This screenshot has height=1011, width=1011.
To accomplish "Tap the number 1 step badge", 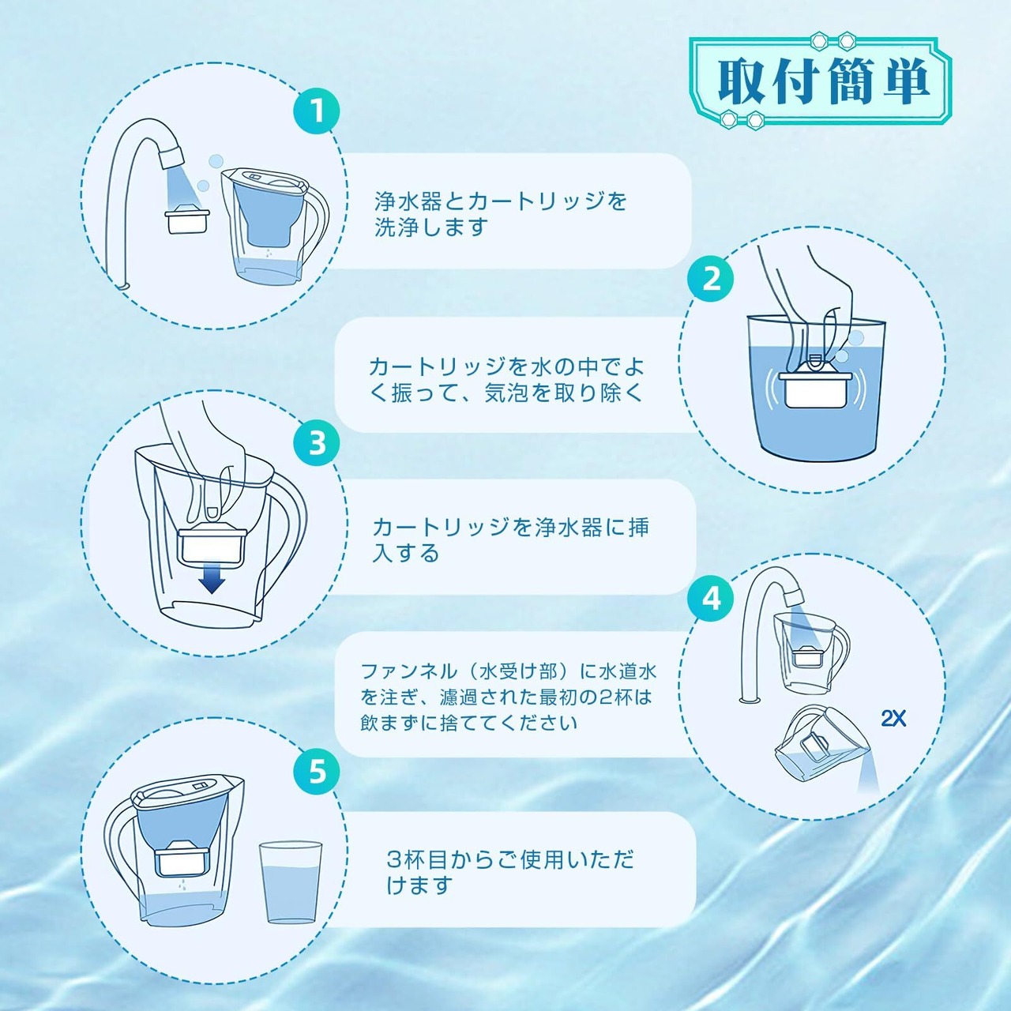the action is point(317,111).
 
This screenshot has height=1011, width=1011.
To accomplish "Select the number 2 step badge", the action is point(712,279).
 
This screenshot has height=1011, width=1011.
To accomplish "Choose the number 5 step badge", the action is point(317,771).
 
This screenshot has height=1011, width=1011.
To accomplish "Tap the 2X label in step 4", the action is point(893,719).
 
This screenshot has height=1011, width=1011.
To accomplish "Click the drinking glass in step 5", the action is point(290,882).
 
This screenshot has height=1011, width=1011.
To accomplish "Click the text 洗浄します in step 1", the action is point(430,227).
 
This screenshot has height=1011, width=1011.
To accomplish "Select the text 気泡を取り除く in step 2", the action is point(563,393).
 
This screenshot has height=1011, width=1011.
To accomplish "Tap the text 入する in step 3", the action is point(405,553).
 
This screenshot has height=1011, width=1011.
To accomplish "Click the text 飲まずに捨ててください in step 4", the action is point(468,723).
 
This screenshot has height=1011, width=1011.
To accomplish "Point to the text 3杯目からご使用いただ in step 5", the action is point(510,859).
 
